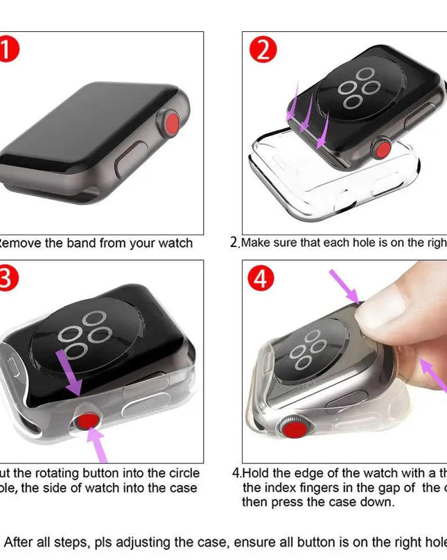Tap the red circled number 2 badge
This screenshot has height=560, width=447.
(262, 49)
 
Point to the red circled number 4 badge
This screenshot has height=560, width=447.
(261, 278)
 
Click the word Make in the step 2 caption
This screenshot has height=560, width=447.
(256, 244)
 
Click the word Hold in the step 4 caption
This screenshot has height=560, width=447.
(256, 473)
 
